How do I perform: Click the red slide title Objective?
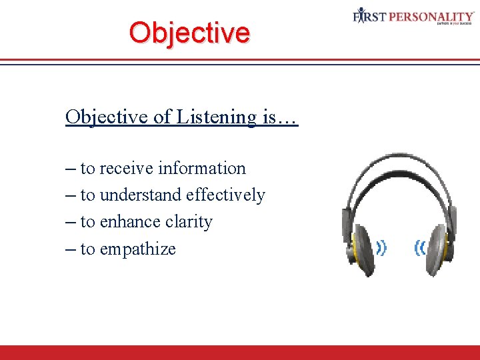189,32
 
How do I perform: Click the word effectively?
225,195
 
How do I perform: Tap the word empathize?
137,249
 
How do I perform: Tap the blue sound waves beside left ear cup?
381,248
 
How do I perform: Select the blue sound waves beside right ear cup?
419,248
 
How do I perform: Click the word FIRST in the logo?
370,15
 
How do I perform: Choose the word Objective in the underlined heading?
107,117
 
